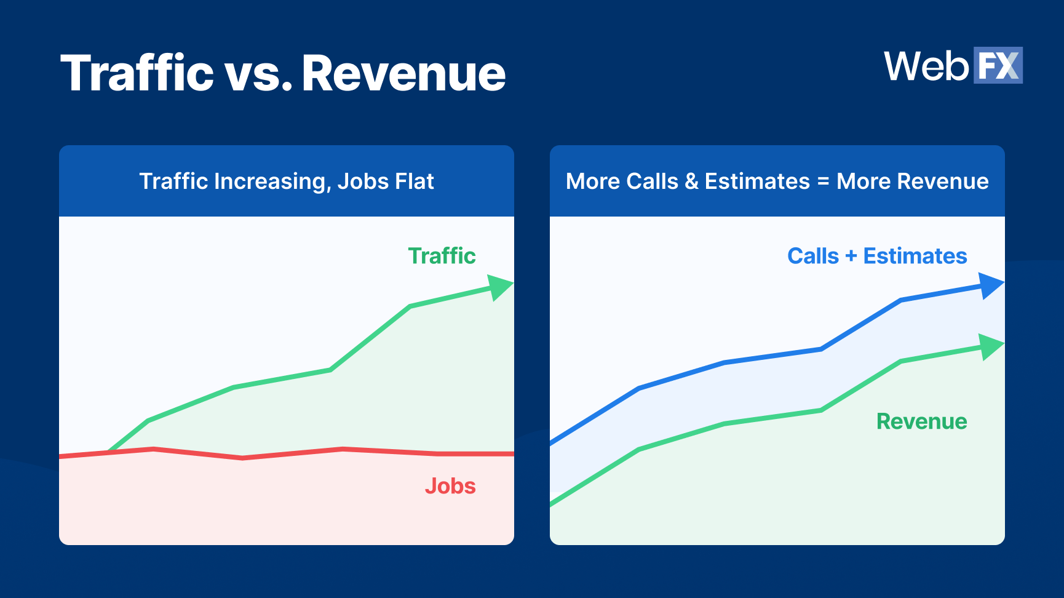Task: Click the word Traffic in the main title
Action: (x=137, y=73)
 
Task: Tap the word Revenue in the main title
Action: (x=403, y=73)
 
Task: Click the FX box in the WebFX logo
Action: (x=998, y=65)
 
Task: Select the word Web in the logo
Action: (x=926, y=66)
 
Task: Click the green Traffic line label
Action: (x=442, y=256)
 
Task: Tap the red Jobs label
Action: (x=450, y=486)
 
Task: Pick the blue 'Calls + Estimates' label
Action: (x=877, y=256)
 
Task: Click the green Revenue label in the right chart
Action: (x=921, y=421)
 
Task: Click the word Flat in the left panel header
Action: (x=415, y=181)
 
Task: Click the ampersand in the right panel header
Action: (x=691, y=181)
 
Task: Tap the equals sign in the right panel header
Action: (x=823, y=182)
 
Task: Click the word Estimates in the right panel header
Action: (x=757, y=181)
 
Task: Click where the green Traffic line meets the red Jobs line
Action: (x=110, y=452)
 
